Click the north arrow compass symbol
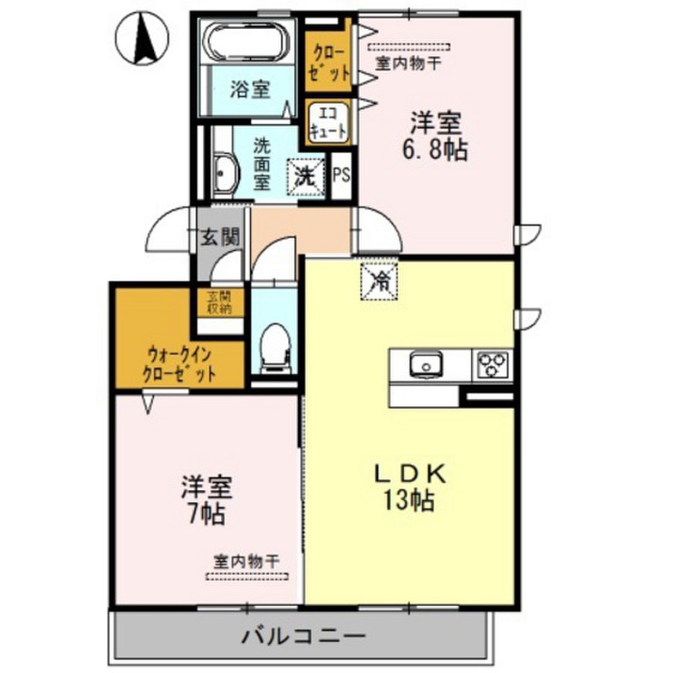tap(142, 38)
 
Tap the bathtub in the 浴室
tap(248, 41)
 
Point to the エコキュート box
tap(329, 122)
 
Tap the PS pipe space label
tap(342, 175)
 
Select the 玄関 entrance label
tap(220, 236)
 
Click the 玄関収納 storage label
tap(220, 302)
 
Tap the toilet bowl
tap(275, 348)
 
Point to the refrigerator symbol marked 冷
tap(379, 281)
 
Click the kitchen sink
tap(426, 365)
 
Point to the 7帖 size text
tap(208, 513)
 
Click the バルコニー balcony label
tap(304, 636)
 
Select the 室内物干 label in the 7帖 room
tap(247, 561)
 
